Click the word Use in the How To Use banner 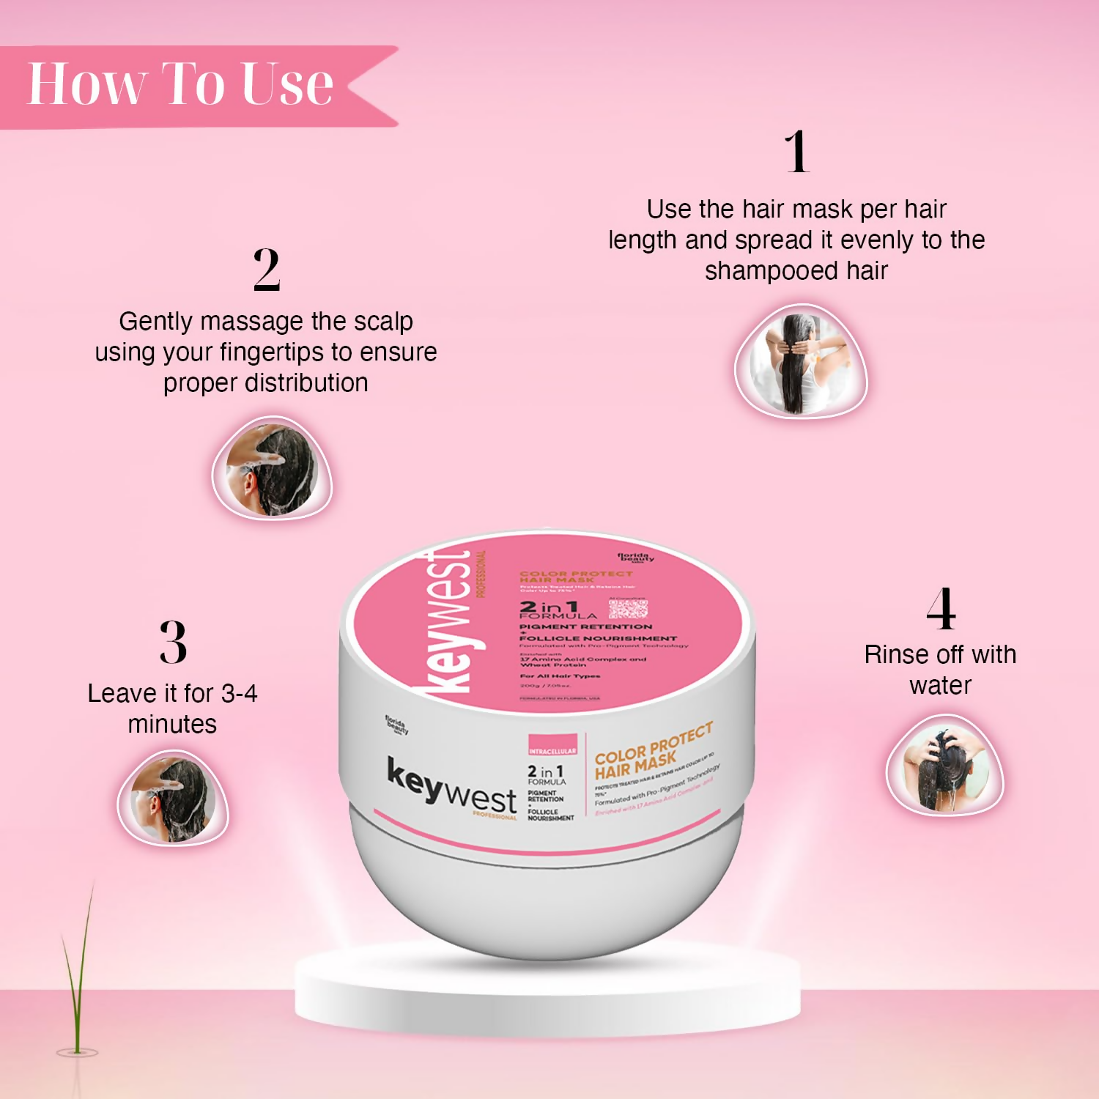(x=287, y=84)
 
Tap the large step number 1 (x=797, y=152)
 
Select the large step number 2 (x=267, y=270)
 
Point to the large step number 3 (x=173, y=643)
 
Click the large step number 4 (x=941, y=609)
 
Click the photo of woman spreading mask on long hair (x=800, y=362)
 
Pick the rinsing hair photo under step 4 (x=944, y=766)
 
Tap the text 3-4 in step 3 (x=239, y=693)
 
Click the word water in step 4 (x=940, y=686)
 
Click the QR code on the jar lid (x=628, y=609)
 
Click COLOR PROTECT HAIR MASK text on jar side (x=652, y=751)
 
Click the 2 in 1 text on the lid (x=549, y=607)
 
